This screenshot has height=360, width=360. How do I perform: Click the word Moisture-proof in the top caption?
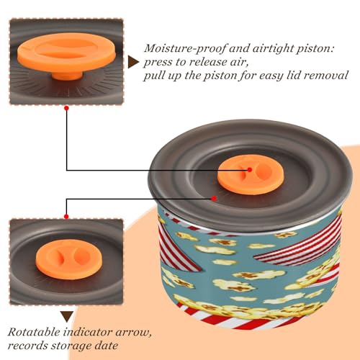click(185, 48)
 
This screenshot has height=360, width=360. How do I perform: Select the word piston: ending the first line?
click(315, 49)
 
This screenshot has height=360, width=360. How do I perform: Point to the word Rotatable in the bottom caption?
click(34, 332)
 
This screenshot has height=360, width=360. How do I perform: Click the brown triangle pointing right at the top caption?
click(133, 63)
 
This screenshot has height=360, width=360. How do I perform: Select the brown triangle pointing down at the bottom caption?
click(67, 316)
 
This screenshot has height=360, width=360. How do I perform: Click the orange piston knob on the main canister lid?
click(251, 174)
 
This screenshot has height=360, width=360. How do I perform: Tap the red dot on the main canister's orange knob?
click(250, 170)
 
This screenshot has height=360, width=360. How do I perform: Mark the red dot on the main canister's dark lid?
click(214, 199)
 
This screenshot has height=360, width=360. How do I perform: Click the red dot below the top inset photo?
click(67, 108)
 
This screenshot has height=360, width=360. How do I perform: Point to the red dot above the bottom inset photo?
click(67, 217)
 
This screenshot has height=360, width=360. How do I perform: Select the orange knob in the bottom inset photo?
click(69, 259)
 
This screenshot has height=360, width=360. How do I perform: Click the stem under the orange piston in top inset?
click(68, 76)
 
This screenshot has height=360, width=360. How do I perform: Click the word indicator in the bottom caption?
click(88, 332)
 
